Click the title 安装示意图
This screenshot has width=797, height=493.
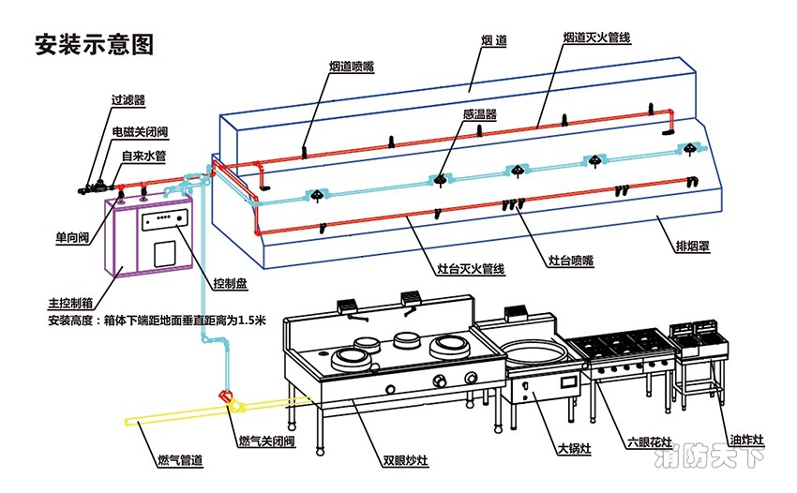click(93, 44)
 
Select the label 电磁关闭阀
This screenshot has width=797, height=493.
click(140, 132)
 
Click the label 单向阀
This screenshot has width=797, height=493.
click(71, 238)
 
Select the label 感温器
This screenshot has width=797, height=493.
click(479, 113)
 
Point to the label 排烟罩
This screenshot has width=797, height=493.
click(693, 247)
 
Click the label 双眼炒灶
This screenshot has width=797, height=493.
click(405, 461)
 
